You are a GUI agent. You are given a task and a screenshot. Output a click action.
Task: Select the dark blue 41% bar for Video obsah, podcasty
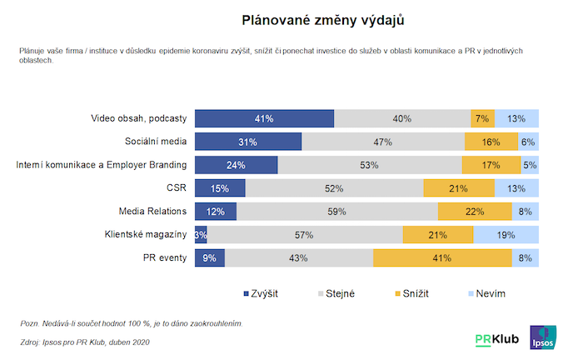click(x=264, y=118)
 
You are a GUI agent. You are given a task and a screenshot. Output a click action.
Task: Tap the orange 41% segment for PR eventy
click(x=441, y=258)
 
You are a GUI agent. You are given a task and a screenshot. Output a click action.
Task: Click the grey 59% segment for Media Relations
click(x=336, y=212)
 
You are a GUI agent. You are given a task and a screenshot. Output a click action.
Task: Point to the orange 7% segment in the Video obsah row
click(x=482, y=118)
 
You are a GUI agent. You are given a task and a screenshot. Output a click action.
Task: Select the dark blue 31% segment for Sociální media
click(x=247, y=142)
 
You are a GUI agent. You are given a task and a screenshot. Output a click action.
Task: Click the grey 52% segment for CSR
click(x=335, y=188)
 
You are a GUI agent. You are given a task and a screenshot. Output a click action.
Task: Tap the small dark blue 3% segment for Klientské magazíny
click(x=201, y=235)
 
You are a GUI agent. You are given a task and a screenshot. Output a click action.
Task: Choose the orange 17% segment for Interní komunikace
click(x=491, y=165)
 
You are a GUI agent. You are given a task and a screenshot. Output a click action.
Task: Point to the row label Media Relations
click(x=153, y=212)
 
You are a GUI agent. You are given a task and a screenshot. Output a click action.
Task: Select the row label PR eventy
click(x=166, y=258)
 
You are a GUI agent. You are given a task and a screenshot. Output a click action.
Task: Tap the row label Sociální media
click(x=156, y=142)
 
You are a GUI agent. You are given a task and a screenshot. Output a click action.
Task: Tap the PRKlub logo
click(x=498, y=339)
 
